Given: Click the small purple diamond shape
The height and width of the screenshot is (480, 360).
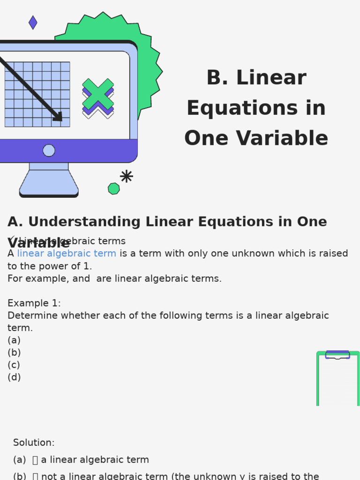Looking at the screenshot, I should pyautogui.click(x=33, y=22).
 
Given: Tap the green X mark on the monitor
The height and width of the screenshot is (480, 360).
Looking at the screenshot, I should pyautogui.click(x=98, y=94).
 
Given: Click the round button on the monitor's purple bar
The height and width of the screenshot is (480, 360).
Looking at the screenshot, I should pyautogui.click(x=49, y=150).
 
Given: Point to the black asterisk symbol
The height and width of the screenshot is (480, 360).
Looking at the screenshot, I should pyautogui.click(x=126, y=176).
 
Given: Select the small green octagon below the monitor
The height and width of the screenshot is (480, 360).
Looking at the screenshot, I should pyautogui.click(x=114, y=188).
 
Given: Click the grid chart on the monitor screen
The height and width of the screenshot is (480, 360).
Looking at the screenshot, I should pyautogui.click(x=37, y=94).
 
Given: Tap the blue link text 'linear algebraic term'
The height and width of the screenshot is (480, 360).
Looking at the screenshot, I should pyautogui.click(x=67, y=254).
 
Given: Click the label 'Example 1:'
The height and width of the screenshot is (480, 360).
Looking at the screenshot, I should pyautogui.click(x=34, y=303).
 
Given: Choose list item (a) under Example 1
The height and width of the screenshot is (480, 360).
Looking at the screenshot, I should pyautogui.click(x=14, y=340).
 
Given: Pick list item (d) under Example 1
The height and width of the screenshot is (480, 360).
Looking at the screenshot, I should pyautogui.click(x=14, y=377).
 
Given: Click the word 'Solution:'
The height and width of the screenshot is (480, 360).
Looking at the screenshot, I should pyautogui.click(x=34, y=443).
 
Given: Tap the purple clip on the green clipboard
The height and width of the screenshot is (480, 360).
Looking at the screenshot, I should pyautogui.click(x=337, y=354).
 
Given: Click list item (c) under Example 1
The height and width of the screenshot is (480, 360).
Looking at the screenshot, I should pyautogui.click(x=14, y=365).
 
